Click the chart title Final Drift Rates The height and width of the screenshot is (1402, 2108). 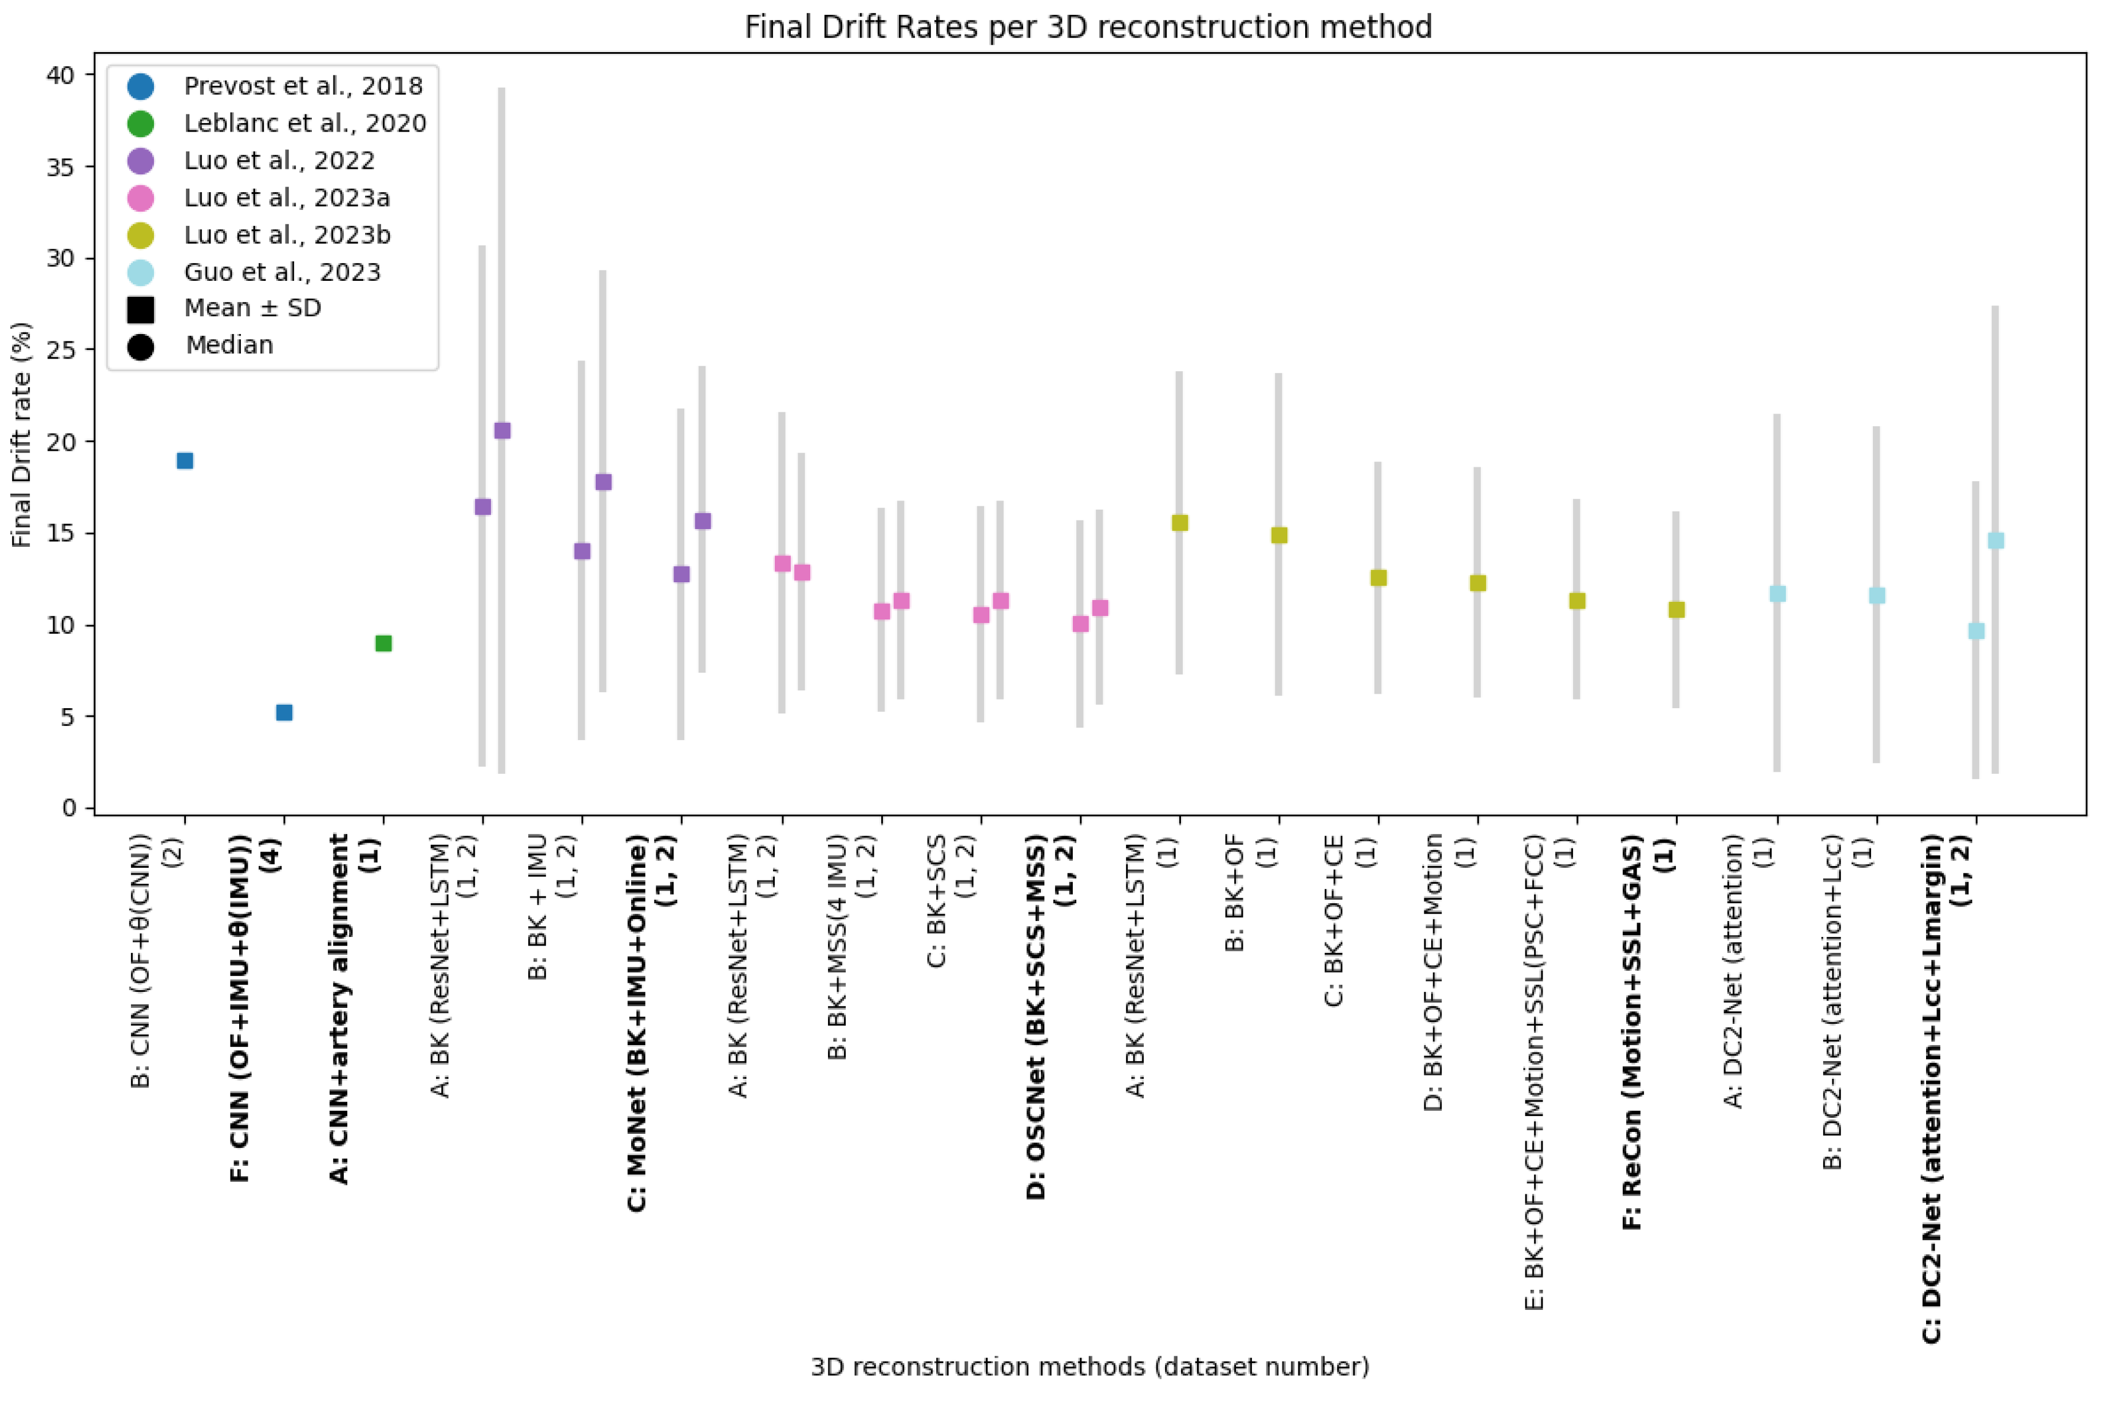pos(1088,27)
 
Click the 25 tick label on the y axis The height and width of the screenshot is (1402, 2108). pos(61,349)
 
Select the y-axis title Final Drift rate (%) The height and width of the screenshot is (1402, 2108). pos(22,435)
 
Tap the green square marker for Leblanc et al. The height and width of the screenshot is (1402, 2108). pos(384,643)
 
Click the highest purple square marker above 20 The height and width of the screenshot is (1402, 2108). pos(502,431)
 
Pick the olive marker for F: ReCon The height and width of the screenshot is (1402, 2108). pos(1677,610)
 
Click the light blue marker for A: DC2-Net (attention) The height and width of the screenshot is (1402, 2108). pos(1778,594)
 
